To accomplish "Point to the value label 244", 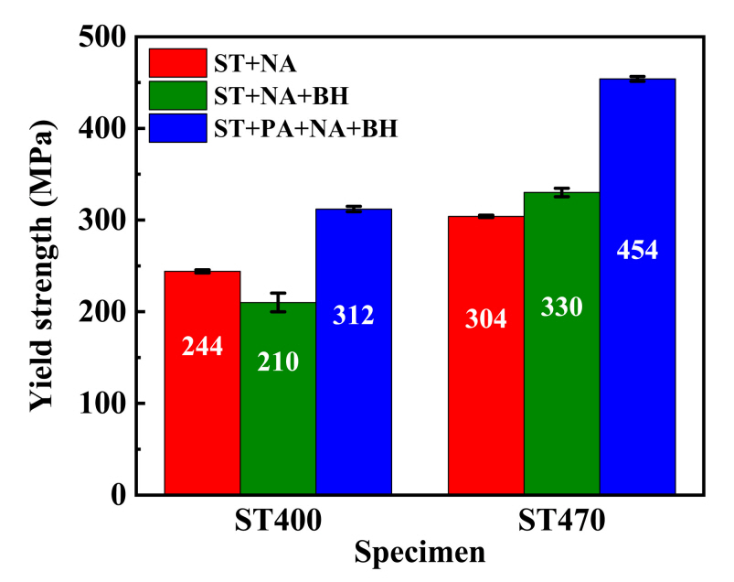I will [202, 349].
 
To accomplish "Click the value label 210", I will [278, 361].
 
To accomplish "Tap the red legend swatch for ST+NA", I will [177, 63].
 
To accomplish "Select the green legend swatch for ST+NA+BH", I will [177, 95].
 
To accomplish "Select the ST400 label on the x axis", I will [278, 522].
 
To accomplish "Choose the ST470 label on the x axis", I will [562, 522].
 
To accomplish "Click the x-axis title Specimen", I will [420, 553].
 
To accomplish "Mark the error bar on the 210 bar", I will [278, 302].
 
